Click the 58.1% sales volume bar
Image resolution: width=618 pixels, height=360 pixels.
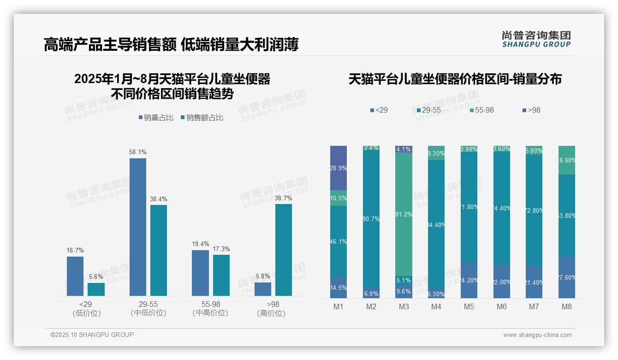coord(138,227)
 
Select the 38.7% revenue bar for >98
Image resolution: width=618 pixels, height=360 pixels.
coord(284,250)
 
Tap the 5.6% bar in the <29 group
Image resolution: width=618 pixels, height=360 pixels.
coord(96,289)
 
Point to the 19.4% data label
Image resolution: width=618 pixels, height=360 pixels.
coord(201,244)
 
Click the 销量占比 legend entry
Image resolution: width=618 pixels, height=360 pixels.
coord(156,118)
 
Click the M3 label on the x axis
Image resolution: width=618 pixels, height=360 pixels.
coord(404,306)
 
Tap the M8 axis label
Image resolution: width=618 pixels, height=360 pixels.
coord(567,306)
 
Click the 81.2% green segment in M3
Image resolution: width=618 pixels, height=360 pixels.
coord(404,214)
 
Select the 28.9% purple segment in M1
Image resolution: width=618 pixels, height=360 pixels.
coord(339,168)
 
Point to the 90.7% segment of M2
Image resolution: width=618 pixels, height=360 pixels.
coord(371,219)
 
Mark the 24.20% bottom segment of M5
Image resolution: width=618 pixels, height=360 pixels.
coord(469,280)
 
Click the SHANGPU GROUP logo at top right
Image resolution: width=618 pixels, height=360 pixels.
coord(536,39)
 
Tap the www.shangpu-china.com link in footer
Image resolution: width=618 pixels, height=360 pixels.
coord(537,335)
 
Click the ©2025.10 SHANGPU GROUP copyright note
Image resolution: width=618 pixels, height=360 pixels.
coord(92,335)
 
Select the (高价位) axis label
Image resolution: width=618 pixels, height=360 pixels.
coord(271,313)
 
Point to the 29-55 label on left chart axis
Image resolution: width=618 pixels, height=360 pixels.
coord(148,305)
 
